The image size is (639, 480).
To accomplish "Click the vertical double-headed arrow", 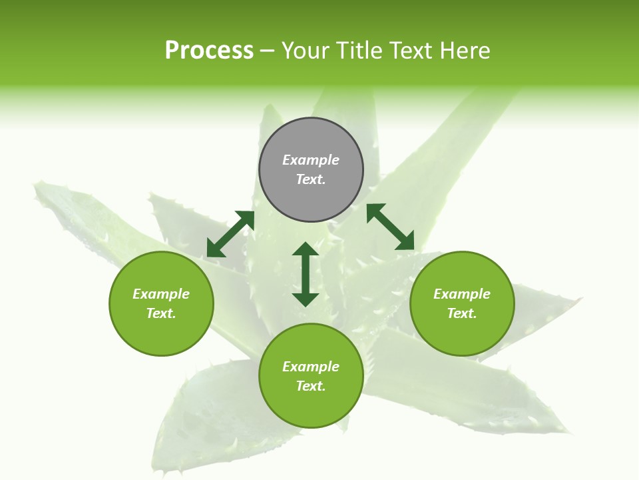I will (306, 274).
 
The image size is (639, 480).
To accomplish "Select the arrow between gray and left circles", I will (230, 233).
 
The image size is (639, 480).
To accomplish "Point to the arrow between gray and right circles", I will (390, 227).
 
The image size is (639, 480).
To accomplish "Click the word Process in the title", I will (209, 51).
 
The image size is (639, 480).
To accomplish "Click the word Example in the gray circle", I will (311, 160).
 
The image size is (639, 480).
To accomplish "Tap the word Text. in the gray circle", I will (311, 179).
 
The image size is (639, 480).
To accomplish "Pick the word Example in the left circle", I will (161, 294).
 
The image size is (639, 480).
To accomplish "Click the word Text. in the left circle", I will (161, 313).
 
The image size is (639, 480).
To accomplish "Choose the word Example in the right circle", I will (462, 294).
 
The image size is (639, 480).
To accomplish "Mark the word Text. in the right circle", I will (462, 313).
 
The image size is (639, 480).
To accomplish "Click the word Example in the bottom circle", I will (311, 367).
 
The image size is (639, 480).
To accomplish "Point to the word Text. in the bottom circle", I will (311, 386).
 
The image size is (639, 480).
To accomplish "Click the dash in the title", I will (268, 51).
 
